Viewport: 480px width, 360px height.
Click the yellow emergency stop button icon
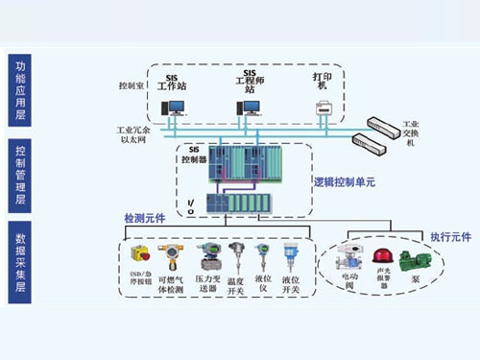tap(138, 255)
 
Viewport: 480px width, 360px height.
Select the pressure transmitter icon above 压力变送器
tap(207, 256)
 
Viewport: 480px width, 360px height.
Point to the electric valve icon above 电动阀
tap(347, 259)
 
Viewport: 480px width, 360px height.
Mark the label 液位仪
tap(260, 284)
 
